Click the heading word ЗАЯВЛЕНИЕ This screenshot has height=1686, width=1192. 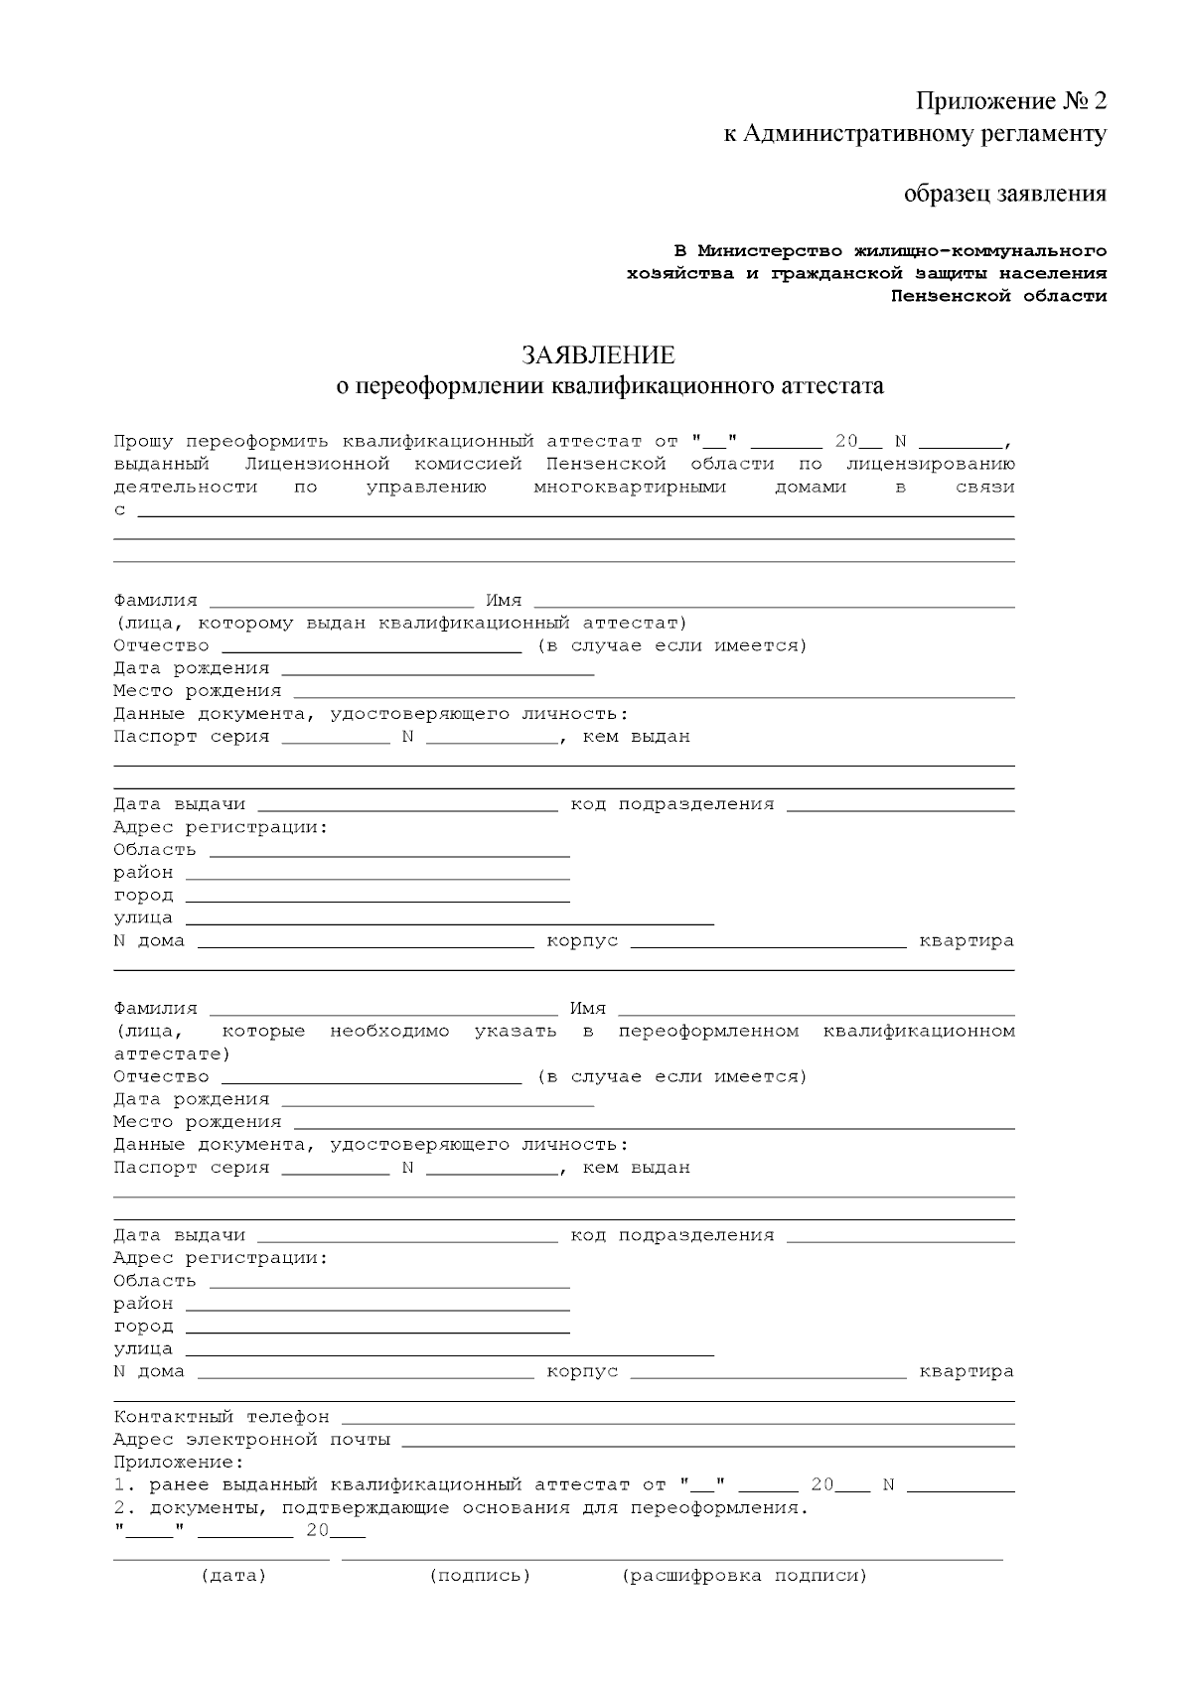pyautogui.click(x=598, y=355)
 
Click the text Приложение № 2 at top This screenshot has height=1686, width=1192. pyautogui.click(x=1010, y=101)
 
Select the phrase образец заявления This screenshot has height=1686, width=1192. pyautogui.click(x=1004, y=193)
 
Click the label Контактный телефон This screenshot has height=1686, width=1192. pyautogui.click(x=221, y=1417)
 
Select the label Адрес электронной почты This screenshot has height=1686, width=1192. pyautogui.click(x=251, y=1440)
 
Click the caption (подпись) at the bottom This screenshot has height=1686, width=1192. pyautogui.click(x=480, y=1576)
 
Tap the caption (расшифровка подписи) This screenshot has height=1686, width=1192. pyautogui.click(x=744, y=1576)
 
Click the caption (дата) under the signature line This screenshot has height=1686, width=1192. pyautogui.click(x=233, y=1576)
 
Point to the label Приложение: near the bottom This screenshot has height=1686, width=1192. pyautogui.click(x=178, y=1463)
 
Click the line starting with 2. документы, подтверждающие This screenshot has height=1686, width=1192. pyautogui.click(x=461, y=1508)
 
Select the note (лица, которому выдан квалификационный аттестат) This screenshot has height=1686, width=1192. pyautogui.click(x=400, y=624)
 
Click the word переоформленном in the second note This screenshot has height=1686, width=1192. pyautogui.click(x=708, y=1031)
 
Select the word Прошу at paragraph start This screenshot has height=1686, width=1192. pyautogui.click(x=143, y=442)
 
